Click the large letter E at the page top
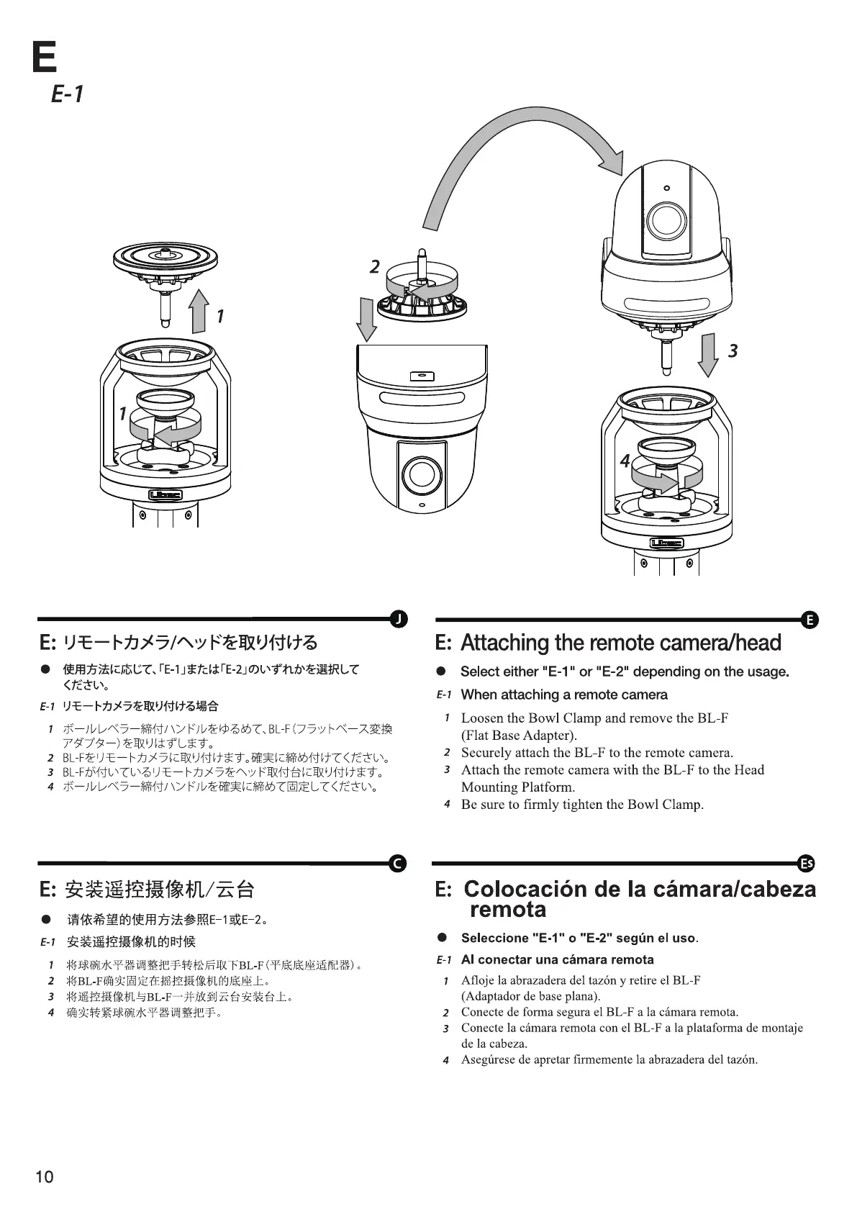[x=45, y=57]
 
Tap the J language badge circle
[x=398, y=618]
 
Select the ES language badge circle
[x=808, y=863]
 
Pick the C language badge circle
[x=398, y=863]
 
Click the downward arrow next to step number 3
[x=708, y=354]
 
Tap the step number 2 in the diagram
[x=374, y=267]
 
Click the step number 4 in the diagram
[x=625, y=461]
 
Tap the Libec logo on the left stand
[x=165, y=495]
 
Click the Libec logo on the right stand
[x=667, y=543]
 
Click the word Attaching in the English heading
[x=504, y=642]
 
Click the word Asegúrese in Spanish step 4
[x=489, y=1059]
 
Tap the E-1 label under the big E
[x=68, y=94]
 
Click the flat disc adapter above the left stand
[x=165, y=256]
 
